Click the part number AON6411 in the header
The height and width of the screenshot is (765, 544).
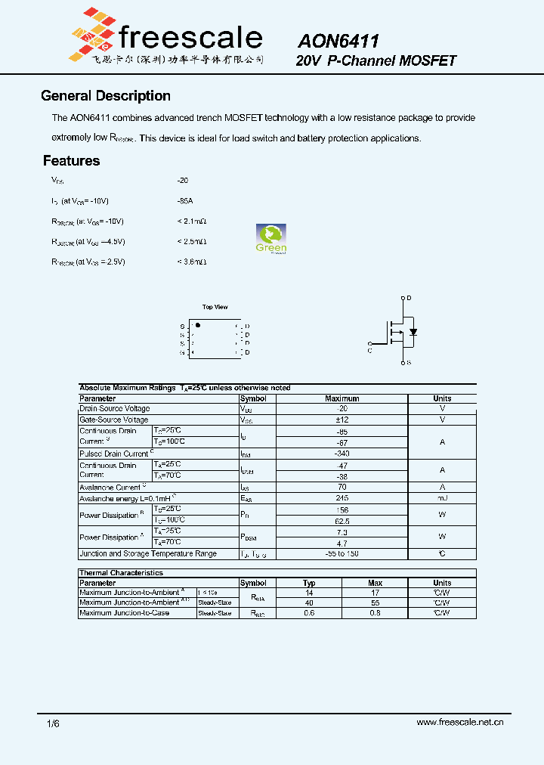(338, 41)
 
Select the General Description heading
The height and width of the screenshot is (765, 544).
(105, 96)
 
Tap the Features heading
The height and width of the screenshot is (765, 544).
(71, 161)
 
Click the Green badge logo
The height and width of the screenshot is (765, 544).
(271, 239)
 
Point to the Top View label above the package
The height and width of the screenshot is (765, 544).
(215, 307)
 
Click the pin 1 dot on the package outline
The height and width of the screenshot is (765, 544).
(198, 324)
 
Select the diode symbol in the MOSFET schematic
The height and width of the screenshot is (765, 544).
(413, 332)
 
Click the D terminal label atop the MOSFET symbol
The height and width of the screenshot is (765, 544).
(409, 299)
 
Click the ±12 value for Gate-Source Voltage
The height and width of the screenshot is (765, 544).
(342, 420)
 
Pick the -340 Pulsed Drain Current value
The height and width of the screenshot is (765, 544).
(342, 454)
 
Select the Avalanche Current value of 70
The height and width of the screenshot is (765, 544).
(342, 488)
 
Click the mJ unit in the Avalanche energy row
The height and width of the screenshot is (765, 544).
(442, 499)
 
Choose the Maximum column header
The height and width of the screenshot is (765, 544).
(342, 398)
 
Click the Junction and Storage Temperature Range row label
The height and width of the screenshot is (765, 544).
(148, 554)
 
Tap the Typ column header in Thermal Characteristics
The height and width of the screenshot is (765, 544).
(309, 583)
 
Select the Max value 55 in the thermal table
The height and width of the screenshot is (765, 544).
(375, 602)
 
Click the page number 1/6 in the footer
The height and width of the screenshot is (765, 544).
(53, 723)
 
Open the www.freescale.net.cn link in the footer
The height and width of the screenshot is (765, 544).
(459, 723)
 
